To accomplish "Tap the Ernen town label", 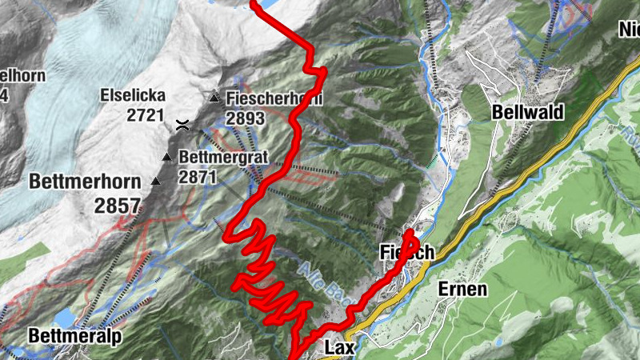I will [462, 289].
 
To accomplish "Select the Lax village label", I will [339, 348].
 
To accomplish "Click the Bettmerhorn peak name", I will [81, 180].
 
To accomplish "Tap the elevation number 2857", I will [117, 206].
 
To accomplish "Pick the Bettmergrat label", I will [222, 157].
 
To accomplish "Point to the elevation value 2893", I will [245, 118].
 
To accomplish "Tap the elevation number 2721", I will [145, 115].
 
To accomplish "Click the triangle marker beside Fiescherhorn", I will [214, 98].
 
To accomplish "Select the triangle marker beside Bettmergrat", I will [167, 156].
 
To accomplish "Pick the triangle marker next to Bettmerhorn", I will [155, 182].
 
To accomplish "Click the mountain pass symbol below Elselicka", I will [183, 124].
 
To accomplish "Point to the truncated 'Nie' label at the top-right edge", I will [628, 30].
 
